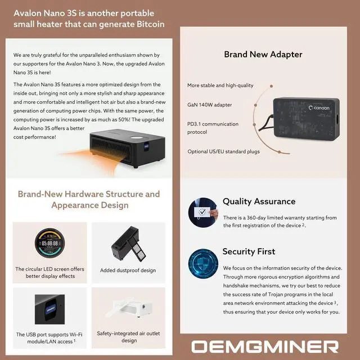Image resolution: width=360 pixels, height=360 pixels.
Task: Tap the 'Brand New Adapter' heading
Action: [263, 55]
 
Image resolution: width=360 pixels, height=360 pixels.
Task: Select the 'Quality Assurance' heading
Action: [259, 201]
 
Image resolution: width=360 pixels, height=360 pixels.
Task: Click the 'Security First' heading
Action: [249, 251]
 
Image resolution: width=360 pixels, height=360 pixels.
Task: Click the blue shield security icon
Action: [202, 263]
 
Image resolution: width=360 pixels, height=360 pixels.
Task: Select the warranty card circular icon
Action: [202, 212]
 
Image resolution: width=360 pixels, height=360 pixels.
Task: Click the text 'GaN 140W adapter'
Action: [209, 105]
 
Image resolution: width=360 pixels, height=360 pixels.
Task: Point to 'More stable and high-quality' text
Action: [220, 85]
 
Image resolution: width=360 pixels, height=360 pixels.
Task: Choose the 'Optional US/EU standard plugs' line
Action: [224, 151]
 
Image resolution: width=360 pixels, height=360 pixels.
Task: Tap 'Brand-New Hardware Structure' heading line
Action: [89, 194]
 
